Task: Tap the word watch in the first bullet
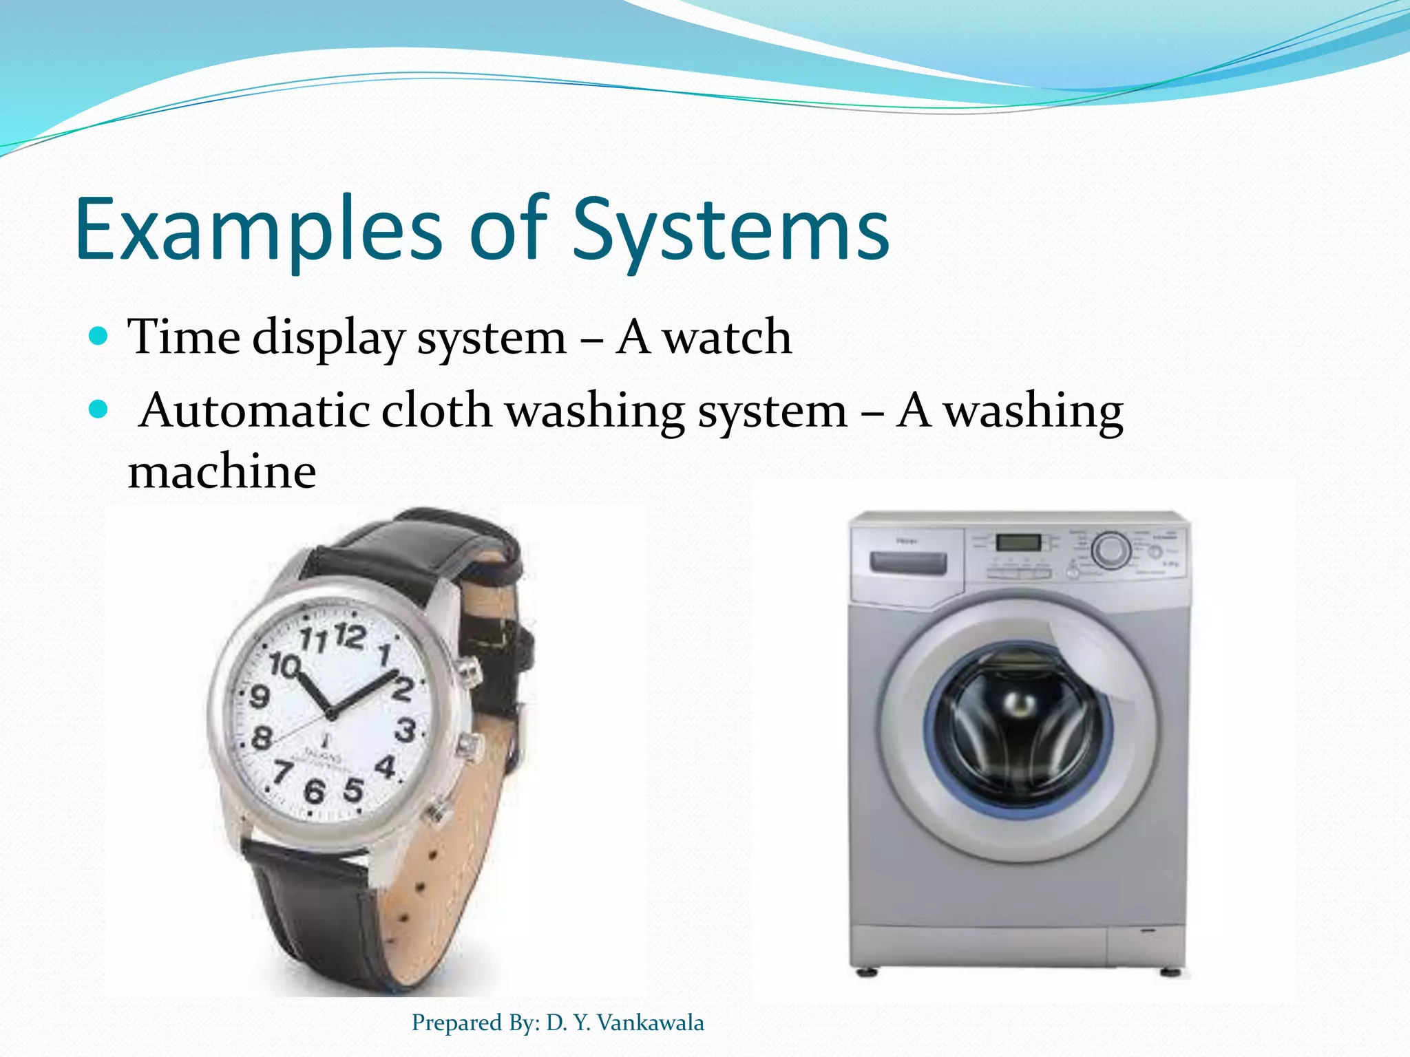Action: (726, 337)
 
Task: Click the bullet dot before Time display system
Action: (99, 337)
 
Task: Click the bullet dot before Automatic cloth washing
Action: (99, 410)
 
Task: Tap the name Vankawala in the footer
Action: (650, 1023)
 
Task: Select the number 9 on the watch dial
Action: (259, 696)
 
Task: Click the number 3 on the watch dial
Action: (406, 730)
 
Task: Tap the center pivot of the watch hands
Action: (331, 715)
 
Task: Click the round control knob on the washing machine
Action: (1111, 551)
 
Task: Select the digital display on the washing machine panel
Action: (1018, 542)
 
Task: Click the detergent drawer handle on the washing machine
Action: (907, 563)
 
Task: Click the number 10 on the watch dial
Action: (284, 665)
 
